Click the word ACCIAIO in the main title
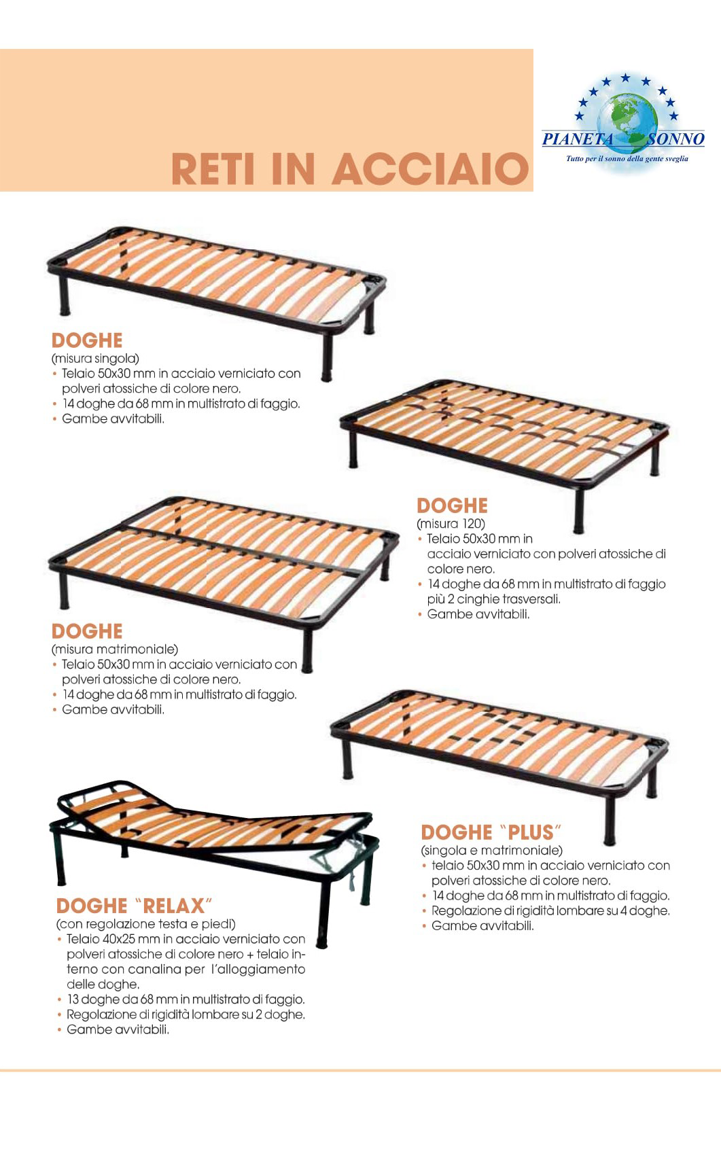point(430,168)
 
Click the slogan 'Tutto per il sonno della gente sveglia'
point(627,159)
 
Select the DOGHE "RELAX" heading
point(134,905)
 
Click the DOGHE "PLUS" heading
point(491,832)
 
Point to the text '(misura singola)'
point(95,358)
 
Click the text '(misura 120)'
point(451,523)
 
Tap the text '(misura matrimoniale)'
point(114,649)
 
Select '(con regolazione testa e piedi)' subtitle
point(145,923)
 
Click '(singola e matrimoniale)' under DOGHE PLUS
point(491,850)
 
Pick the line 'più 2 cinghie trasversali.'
point(493,599)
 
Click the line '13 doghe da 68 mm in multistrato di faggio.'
point(186,999)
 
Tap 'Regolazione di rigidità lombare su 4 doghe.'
point(551,910)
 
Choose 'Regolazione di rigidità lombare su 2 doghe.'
point(186,1014)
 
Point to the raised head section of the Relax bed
point(114,800)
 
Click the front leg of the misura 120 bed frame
point(579,510)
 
